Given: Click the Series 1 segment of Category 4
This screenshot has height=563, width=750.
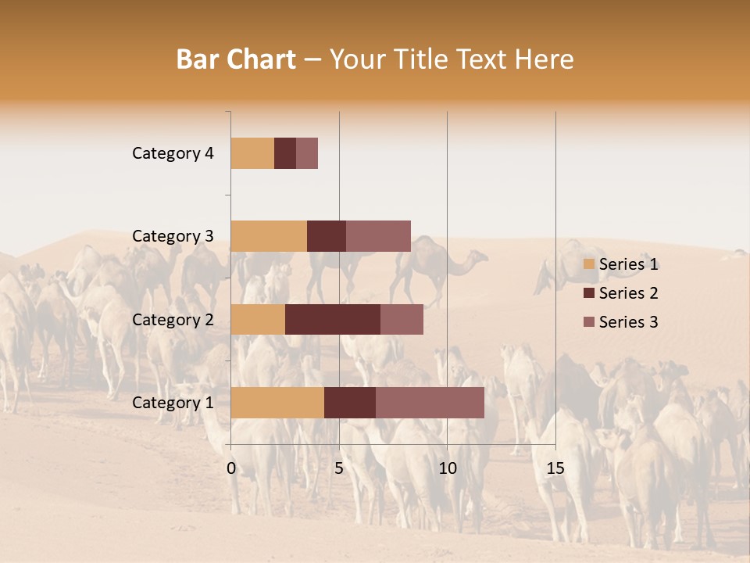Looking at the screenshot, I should coord(252,153).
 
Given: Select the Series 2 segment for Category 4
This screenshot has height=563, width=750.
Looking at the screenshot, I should coord(285,153).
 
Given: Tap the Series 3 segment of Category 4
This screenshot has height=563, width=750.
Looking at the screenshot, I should coord(307,153).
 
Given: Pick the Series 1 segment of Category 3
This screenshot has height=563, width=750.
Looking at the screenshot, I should coord(269,236).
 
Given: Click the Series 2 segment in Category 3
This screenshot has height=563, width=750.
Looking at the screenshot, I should coord(327,236).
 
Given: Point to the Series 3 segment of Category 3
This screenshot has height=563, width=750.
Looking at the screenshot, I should coord(378,236).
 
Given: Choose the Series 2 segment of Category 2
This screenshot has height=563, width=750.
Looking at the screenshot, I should coord(333,319).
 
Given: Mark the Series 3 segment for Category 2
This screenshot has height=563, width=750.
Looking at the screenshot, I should coord(402,319).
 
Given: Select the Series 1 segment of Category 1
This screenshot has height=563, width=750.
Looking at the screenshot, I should coord(277,403).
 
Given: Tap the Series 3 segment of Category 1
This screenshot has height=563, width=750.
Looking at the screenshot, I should coord(430,403).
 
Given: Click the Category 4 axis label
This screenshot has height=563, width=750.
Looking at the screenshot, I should coord(173,153).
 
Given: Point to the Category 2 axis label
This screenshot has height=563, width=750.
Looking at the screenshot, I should coord(173,320).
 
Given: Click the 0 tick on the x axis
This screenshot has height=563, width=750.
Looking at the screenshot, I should coord(231,468).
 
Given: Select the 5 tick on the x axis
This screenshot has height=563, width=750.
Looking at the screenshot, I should coord(339,468).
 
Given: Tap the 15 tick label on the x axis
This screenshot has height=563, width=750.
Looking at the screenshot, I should coord(555,468).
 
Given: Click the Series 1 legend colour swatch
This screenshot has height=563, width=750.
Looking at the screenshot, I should coord(588,264).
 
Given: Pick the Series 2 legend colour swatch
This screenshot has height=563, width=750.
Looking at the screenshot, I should coord(588,293).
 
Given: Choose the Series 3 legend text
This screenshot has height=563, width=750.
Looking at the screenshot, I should coord(628,322).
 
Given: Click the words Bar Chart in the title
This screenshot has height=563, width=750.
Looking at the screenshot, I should coord(236,59).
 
